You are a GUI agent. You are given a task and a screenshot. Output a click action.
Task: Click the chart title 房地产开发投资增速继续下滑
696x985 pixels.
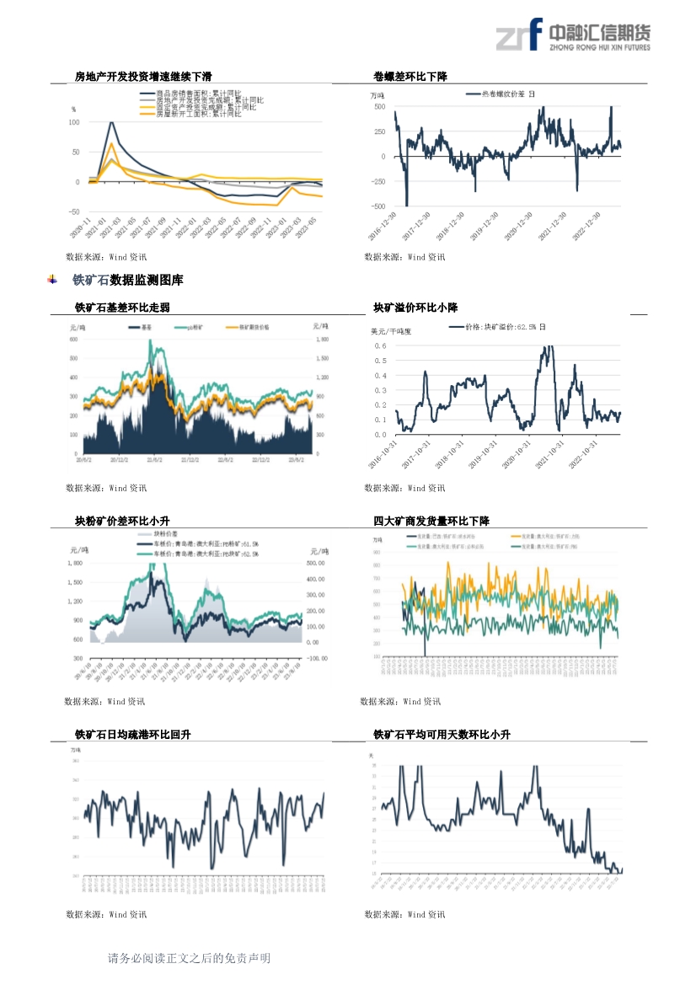click(x=142, y=77)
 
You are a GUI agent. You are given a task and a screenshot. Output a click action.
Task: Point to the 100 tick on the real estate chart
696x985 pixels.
click(x=73, y=122)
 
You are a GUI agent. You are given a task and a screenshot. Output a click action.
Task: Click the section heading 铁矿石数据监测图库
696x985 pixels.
click(x=127, y=280)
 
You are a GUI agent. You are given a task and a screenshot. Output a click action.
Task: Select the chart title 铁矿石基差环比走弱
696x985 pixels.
click(x=127, y=308)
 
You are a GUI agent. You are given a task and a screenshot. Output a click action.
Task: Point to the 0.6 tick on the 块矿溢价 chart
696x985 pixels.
click(x=380, y=346)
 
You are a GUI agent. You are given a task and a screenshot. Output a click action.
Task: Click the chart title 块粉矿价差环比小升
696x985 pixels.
click(x=127, y=522)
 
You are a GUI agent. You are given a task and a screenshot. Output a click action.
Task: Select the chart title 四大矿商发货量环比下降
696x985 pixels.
click(x=431, y=522)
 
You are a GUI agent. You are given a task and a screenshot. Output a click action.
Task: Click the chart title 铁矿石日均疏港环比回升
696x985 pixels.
click(x=132, y=735)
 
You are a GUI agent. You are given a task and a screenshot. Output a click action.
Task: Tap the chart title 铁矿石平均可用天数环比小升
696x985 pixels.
click(x=442, y=735)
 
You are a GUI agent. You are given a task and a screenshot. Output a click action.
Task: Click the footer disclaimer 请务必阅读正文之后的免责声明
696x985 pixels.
click(x=189, y=958)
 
